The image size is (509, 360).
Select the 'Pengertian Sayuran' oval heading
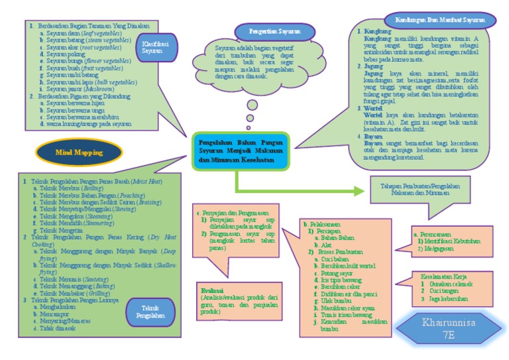pyautogui.click(x=268, y=31)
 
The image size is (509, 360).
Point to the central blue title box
pyautogui.click(x=242, y=150)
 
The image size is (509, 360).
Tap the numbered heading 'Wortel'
pyautogui.click(x=373, y=107)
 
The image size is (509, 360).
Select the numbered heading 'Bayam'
pyautogui.click(x=373, y=136)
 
